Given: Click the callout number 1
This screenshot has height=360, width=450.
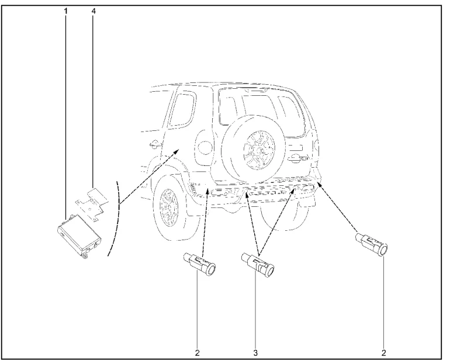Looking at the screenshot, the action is (x=66, y=12).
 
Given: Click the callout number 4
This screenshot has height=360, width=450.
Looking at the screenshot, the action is (x=94, y=12).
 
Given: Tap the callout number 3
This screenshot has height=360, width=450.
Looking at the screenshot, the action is (x=256, y=352).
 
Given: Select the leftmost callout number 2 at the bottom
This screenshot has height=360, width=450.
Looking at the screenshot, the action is (x=197, y=352).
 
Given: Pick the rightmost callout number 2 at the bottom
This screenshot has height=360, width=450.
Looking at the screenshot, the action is (x=384, y=352).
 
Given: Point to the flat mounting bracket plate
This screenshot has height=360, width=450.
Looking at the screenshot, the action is (x=92, y=203).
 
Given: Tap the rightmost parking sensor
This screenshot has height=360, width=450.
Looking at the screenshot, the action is (x=371, y=244).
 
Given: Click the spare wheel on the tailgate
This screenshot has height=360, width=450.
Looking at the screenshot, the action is (x=253, y=149).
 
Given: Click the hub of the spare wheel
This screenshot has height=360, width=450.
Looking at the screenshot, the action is (x=260, y=148).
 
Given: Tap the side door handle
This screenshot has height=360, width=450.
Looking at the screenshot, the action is (x=155, y=144).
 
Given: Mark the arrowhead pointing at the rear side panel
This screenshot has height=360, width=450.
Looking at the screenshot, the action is (x=176, y=152).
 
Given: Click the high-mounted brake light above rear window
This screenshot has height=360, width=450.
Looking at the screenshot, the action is (x=255, y=90).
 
